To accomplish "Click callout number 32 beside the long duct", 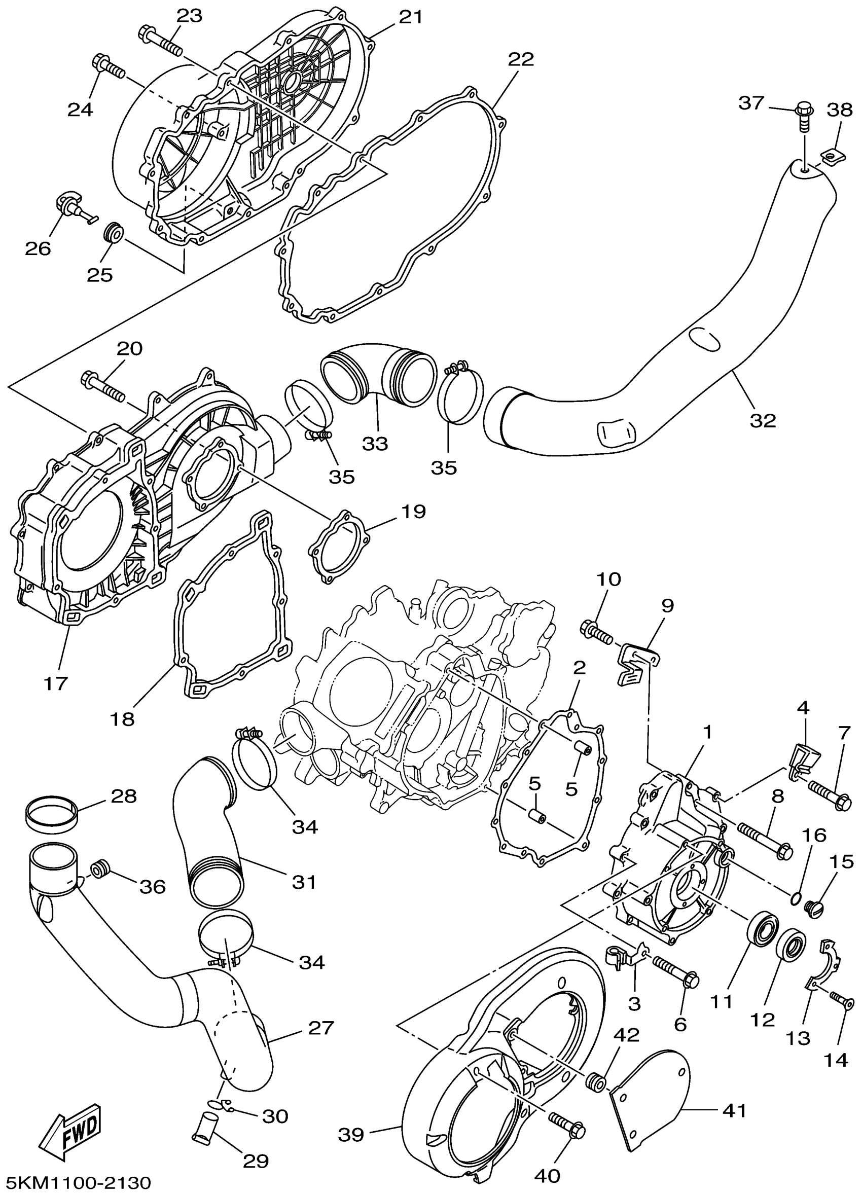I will click(763, 420).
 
